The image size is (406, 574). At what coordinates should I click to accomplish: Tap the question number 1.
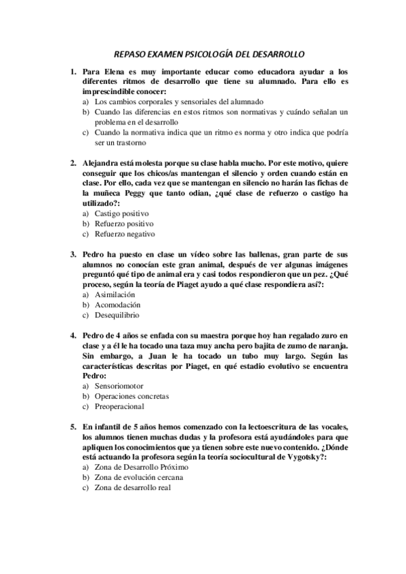click(73, 72)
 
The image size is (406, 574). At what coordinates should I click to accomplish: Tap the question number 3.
click(73, 255)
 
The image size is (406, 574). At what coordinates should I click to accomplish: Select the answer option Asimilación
click(115, 294)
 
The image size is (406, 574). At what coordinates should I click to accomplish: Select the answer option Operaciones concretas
click(131, 397)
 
